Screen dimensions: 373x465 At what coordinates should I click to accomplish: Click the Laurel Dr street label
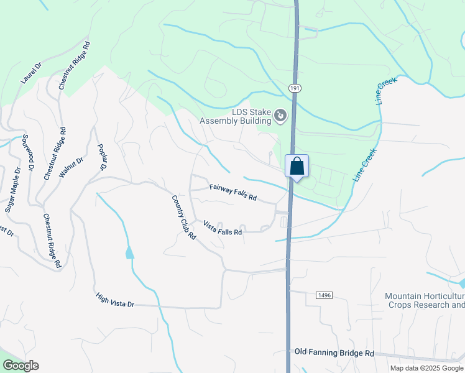pyautogui.click(x=30, y=72)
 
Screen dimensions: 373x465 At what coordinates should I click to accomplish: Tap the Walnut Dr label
pyautogui.click(x=71, y=168)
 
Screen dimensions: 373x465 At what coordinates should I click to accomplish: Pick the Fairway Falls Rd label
pyautogui.click(x=233, y=192)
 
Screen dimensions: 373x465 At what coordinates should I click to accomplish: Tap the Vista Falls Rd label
pyautogui.click(x=222, y=228)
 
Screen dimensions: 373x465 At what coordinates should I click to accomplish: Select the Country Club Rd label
pyautogui.click(x=184, y=218)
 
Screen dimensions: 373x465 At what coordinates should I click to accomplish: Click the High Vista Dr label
pyautogui.click(x=115, y=300)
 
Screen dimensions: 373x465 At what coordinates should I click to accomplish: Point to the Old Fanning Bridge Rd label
pyautogui.click(x=334, y=352)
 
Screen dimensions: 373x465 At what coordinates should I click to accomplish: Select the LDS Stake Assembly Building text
pyautogui.click(x=235, y=116)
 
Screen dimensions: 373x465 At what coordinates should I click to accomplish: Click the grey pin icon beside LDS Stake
pyautogui.click(x=280, y=115)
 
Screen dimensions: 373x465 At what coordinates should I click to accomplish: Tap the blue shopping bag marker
pyautogui.click(x=297, y=167)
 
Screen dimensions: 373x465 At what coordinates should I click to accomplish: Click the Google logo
pyautogui.click(x=21, y=366)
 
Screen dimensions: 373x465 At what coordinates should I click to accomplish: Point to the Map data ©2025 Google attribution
pyautogui.click(x=426, y=368)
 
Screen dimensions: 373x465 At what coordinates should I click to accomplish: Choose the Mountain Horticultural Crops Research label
pyautogui.click(x=425, y=300)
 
